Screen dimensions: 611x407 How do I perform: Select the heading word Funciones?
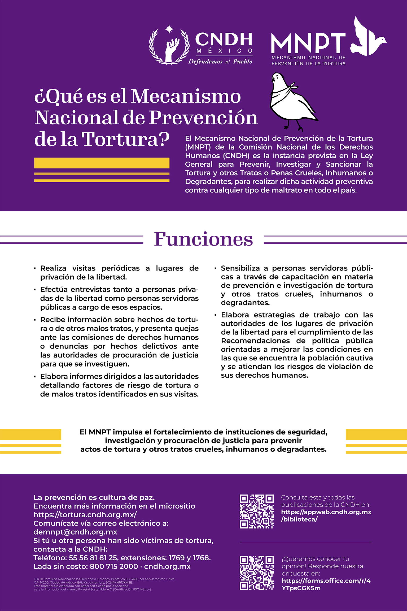click(203, 239)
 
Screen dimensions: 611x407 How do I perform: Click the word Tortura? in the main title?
click(125, 139)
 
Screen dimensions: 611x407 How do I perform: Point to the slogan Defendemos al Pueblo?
click(220, 62)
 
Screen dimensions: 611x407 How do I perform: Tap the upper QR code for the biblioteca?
click(256, 511)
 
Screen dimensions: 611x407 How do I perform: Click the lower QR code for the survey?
click(256, 573)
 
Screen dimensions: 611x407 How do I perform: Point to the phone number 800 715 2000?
click(114, 566)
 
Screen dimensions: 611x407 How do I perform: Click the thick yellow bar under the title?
click(102, 163)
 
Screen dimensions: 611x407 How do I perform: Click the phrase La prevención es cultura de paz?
click(94, 497)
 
